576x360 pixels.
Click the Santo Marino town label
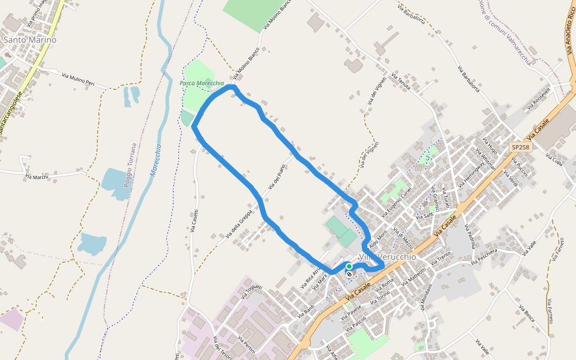click(x=30, y=40)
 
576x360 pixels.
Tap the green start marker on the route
click(x=349, y=266)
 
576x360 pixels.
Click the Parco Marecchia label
click(x=202, y=83)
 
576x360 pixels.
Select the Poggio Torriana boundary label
click(x=130, y=164)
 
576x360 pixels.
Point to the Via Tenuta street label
click(x=400, y=81)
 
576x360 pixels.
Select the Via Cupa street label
click(x=553, y=157)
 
